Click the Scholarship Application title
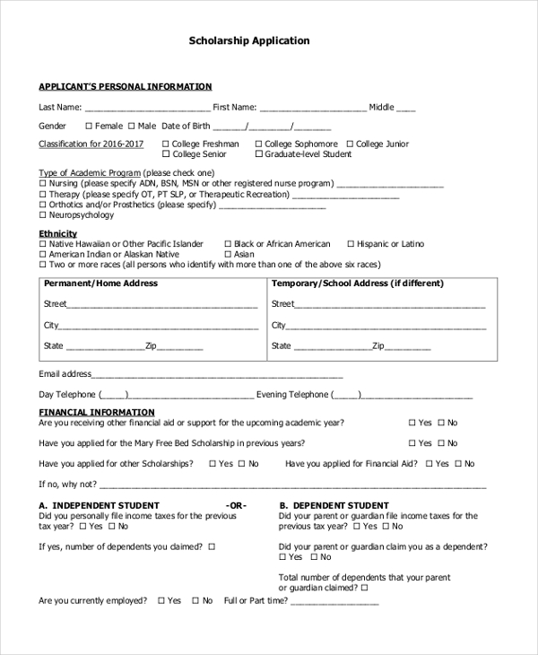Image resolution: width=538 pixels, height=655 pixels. point(249,40)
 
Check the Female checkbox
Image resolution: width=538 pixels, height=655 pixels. point(88,127)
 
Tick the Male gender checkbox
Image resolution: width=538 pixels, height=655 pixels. point(132,127)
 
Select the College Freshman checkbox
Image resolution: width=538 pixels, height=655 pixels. point(165,144)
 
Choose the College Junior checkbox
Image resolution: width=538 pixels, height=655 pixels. point(351,144)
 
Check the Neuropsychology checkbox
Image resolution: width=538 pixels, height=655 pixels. point(42,215)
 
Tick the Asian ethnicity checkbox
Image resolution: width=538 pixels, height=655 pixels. point(227,255)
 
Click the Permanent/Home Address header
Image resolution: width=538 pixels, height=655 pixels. point(100,284)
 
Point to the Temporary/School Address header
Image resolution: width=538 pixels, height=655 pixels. point(357,284)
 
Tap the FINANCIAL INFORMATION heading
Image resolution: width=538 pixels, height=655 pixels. point(97,413)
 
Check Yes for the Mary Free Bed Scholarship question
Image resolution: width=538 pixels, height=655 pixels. point(412,443)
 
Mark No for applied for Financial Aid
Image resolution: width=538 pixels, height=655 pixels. point(457,464)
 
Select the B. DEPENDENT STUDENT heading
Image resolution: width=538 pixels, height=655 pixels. point(334,506)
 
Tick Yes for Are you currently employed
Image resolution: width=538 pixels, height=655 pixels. point(161,600)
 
